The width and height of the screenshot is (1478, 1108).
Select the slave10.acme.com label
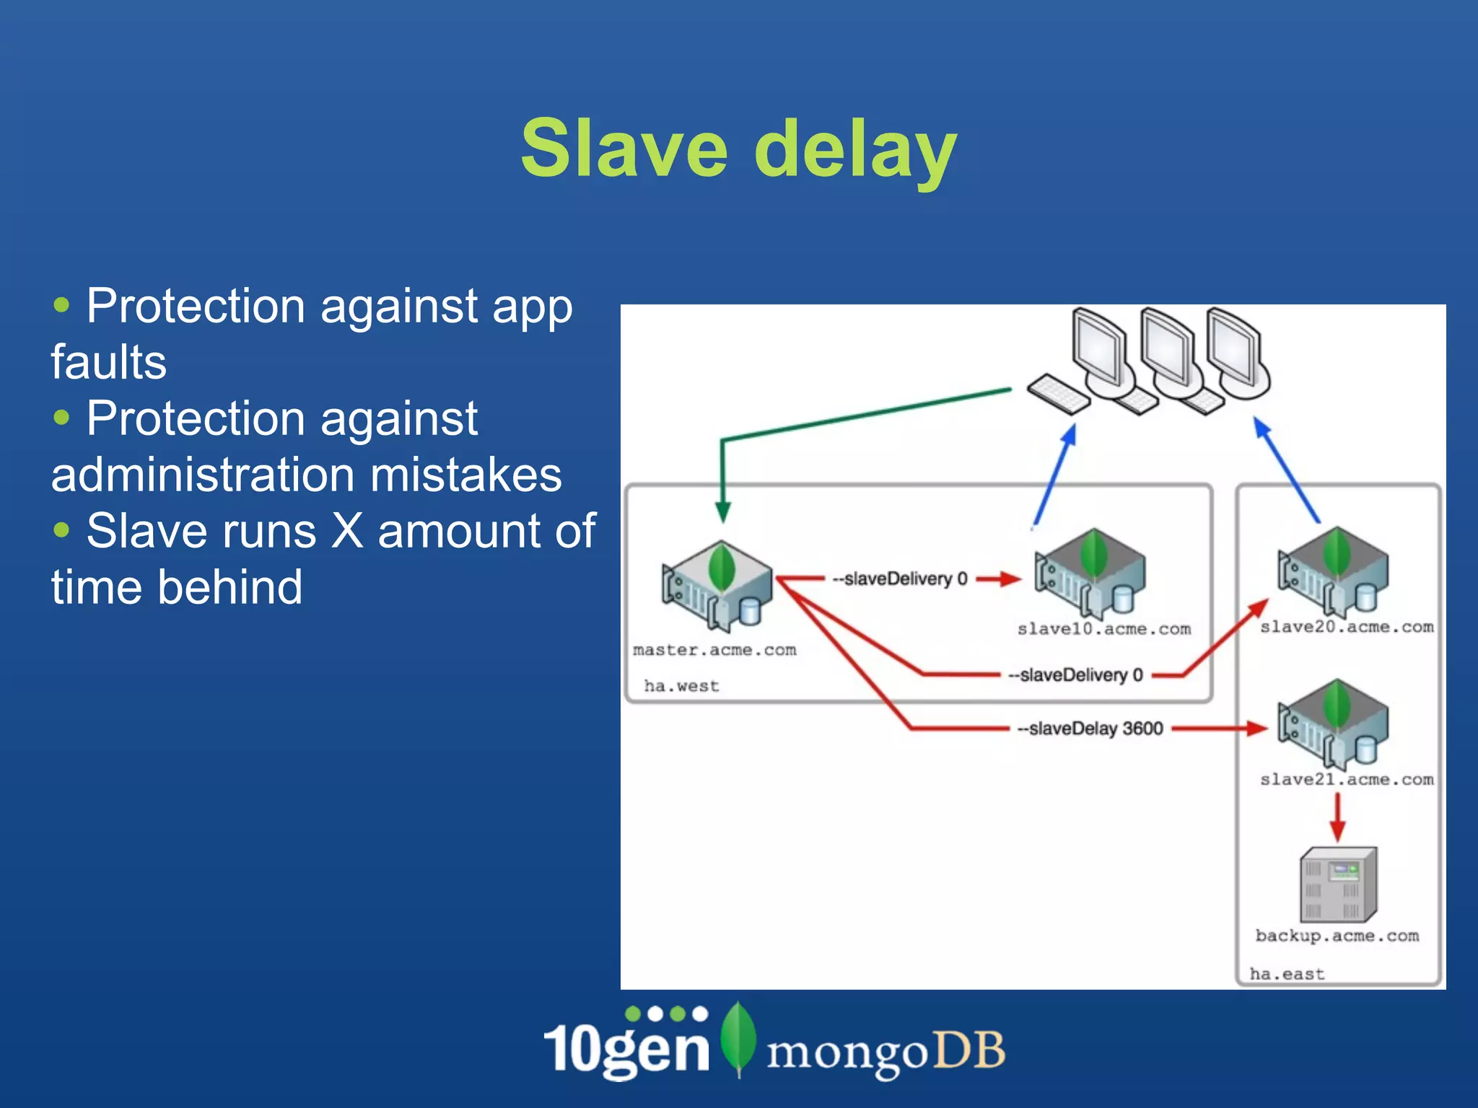pyautogui.click(x=1103, y=629)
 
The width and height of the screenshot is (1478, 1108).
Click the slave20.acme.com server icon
pyautogui.click(x=1333, y=570)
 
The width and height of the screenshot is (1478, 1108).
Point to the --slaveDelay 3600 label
pyautogui.click(x=1090, y=729)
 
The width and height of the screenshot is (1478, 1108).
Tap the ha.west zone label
pyautogui.click(x=681, y=686)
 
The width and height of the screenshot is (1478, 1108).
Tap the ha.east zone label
pyautogui.click(x=1287, y=974)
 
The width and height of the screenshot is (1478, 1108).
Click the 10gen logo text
pyautogui.click(x=626, y=1047)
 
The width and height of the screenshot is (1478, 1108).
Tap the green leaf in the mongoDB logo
pyautogui.click(x=738, y=1039)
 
